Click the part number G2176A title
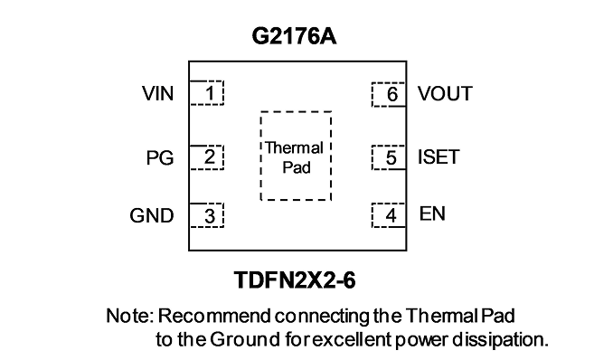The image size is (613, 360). [x=294, y=37]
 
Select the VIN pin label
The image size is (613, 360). [x=158, y=93]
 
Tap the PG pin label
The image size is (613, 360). [x=160, y=158]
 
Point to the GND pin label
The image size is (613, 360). [x=152, y=215]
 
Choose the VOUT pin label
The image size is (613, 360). [x=446, y=93]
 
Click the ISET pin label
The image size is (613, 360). [x=439, y=156]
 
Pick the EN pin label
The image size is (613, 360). [x=432, y=213]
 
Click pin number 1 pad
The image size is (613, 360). [x=207, y=93]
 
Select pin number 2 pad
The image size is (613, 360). [x=207, y=157]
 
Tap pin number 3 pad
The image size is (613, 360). [x=207, y=215]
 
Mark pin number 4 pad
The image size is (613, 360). [x=389, y=215]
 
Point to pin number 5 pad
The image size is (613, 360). [x=389, y=157]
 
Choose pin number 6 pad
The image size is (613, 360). [x=389, y=94]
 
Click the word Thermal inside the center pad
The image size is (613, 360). [x=294, y=148]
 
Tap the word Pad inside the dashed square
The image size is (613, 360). [x=297, y=167]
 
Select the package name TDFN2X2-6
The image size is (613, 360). [x=295, y=280]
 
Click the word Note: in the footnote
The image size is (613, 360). [x=129, y=316]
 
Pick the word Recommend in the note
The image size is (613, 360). [x=214, y=316]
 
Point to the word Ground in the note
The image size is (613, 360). [x=245, y=339]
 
